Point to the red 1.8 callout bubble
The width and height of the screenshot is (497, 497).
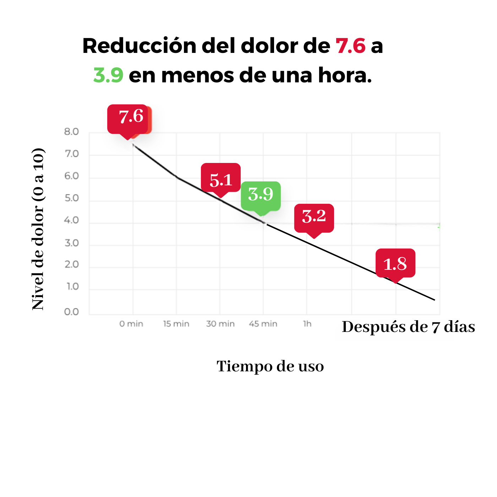point(395,263)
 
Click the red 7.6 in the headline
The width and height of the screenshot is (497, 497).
point(350,46)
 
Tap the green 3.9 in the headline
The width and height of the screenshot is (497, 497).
point(108,75)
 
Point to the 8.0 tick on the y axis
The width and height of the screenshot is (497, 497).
point(71,132)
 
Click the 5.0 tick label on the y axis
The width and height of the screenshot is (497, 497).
point(71,198)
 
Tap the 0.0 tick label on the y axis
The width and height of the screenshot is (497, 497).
point(71,312)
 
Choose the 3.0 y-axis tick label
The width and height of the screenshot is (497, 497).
point(71,243)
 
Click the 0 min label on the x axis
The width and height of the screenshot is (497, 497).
point(131,324)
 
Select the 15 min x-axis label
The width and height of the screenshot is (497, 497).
point(176,324)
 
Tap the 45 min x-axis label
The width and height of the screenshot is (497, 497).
point(263,324)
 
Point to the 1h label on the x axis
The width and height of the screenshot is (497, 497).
point(307,324)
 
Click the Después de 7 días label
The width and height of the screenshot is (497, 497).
point(408,327)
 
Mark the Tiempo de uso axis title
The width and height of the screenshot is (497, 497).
point(270,366)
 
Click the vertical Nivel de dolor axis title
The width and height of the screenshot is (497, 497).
point(38,229)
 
